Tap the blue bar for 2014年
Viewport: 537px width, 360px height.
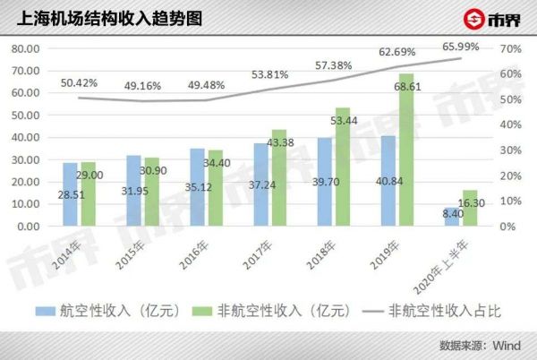tap(70, 194)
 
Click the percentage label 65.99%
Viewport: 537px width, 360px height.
tap(461, 47)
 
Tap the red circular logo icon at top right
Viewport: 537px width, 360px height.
tap(472, 20)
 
